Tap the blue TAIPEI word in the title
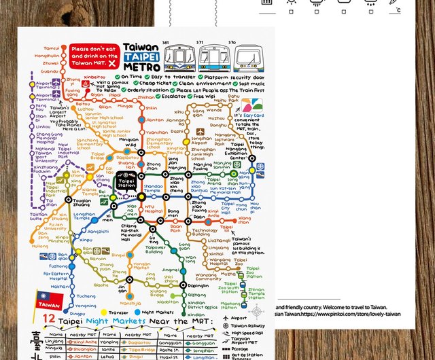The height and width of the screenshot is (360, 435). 141,58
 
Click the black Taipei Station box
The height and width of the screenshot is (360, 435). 127,182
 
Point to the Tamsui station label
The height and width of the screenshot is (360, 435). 52,48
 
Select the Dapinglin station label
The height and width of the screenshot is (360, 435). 198,286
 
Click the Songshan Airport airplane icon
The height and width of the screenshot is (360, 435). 200,132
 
